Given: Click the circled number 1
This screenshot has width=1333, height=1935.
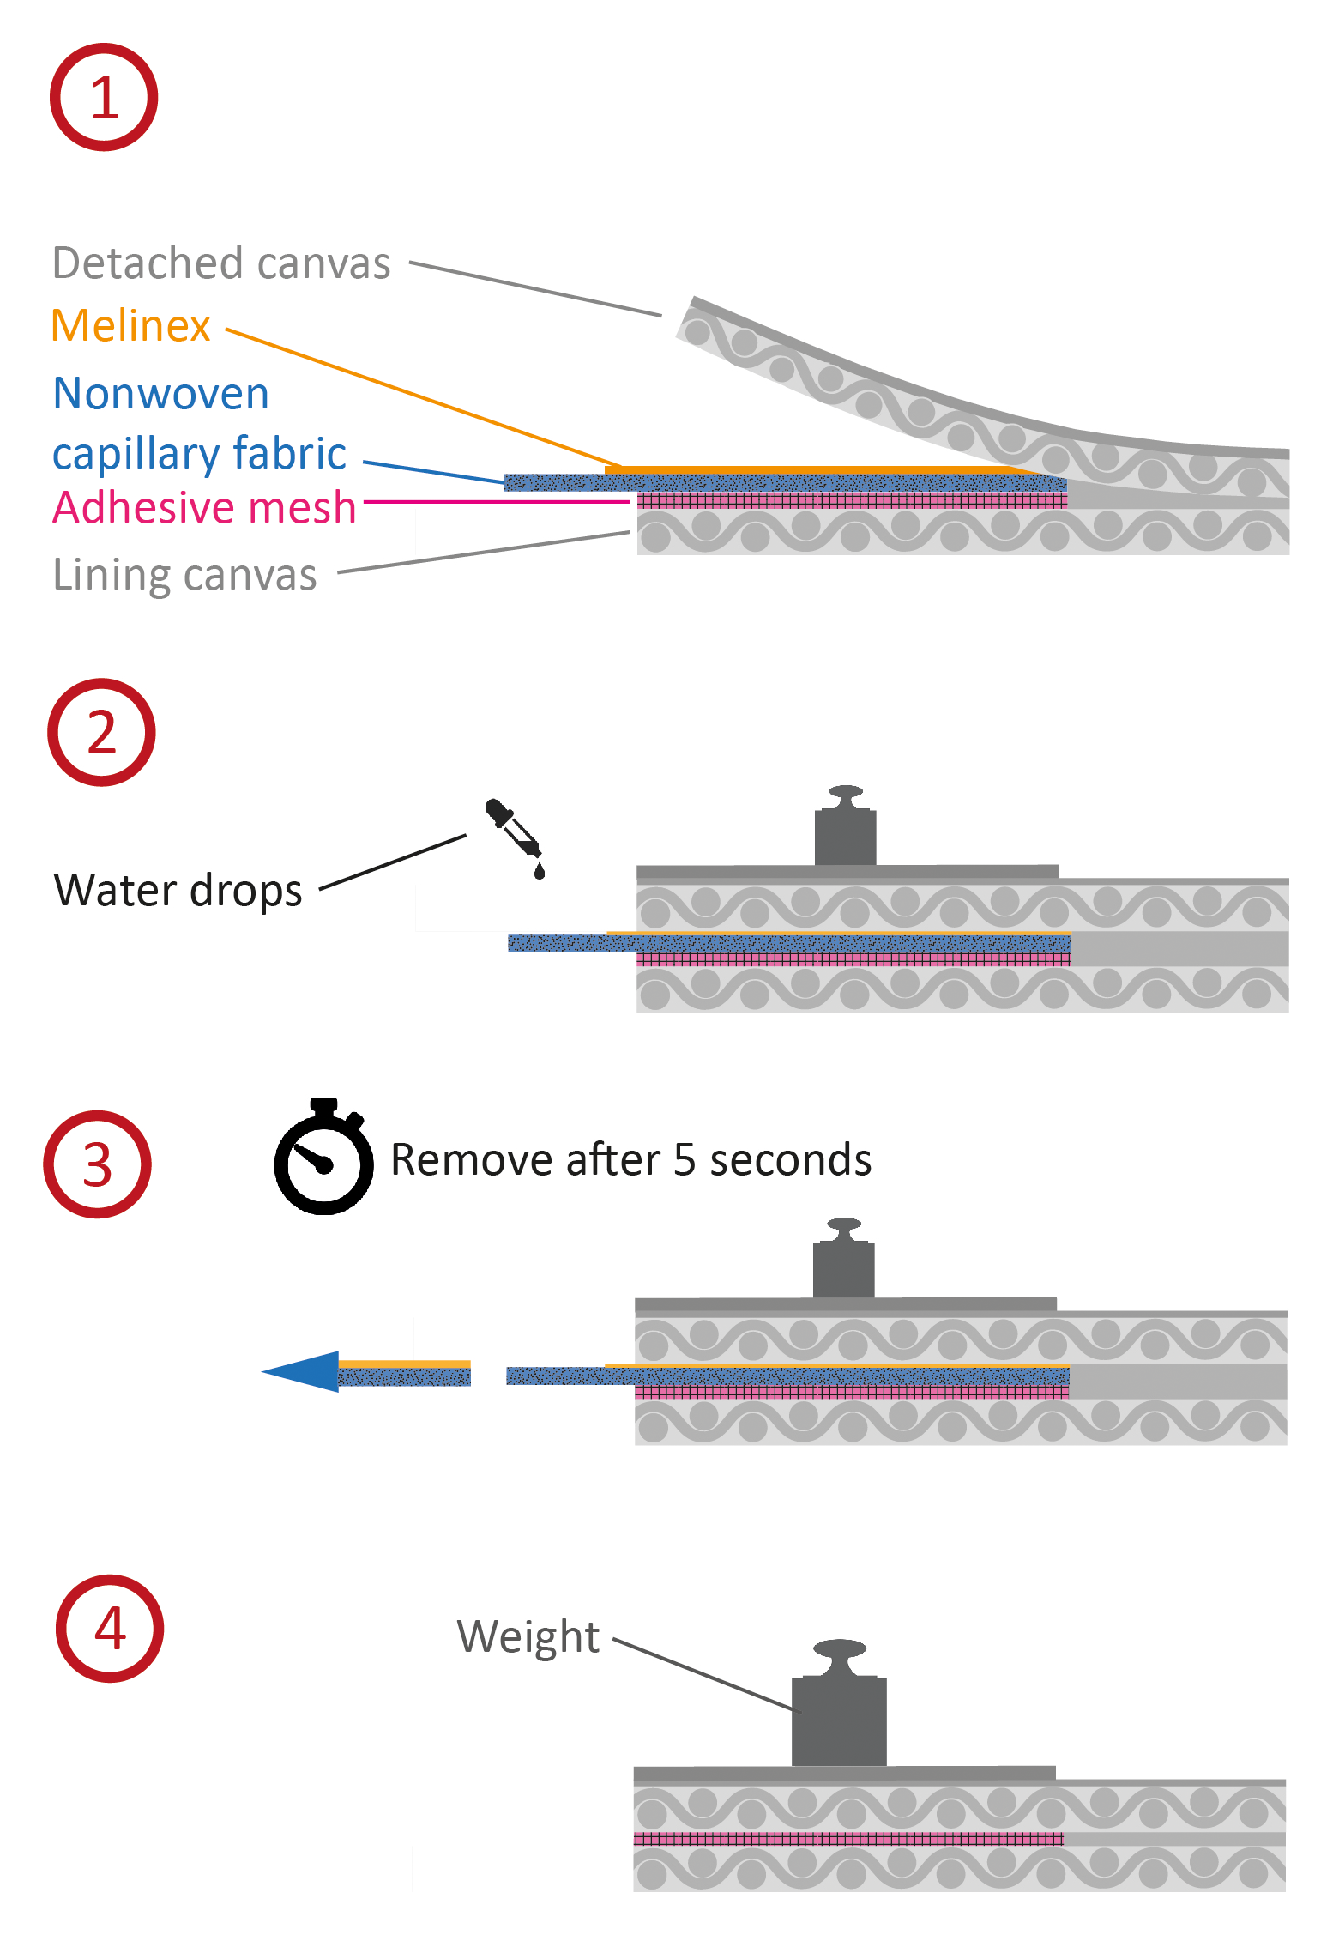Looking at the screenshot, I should (104, 97).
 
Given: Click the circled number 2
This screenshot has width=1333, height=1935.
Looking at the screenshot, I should (101, 732).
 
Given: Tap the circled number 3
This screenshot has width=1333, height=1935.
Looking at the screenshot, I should (97, 1164).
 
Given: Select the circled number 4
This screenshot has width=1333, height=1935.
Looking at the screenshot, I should (110, 1628).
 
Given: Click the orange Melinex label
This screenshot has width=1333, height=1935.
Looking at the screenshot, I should (130, 326).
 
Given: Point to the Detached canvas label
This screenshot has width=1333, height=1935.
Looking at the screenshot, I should (221, 263).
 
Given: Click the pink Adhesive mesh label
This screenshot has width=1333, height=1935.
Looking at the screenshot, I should (204, 507).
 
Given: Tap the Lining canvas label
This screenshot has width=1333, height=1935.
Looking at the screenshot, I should (184, 574).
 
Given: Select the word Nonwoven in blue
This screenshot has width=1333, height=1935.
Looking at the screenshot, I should (161, 394).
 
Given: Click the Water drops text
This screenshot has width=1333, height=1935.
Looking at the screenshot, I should (178, 890).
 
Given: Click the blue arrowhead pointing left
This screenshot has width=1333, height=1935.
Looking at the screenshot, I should (301, 1370).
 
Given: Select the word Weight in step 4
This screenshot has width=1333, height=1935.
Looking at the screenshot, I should (528, 1636).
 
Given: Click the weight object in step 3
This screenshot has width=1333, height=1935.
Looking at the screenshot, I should (843, 1263).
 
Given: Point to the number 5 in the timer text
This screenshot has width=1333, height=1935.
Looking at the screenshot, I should (684, 1160).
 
